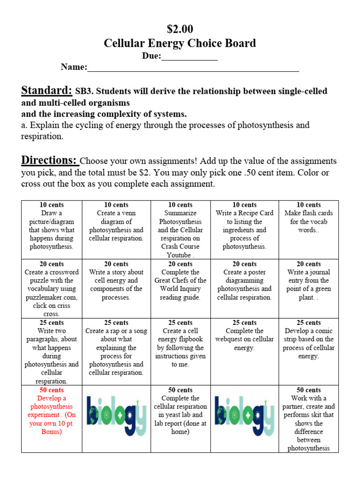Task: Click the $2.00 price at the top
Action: point(180,29)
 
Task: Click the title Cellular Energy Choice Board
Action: point(180,44)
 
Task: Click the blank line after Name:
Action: point(193,68)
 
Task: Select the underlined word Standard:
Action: point(46,90)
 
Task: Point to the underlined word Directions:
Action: point(50,160)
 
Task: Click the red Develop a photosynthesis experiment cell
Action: point(52,411)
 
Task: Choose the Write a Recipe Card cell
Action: point(244,225)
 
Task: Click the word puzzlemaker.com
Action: point(52,297)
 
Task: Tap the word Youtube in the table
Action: point(179,255)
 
